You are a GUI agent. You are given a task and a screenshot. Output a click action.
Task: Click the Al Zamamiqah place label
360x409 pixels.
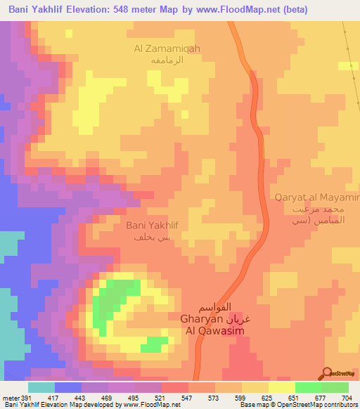coord(167,48)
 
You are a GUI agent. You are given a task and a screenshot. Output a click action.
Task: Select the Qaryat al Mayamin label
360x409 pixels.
coord(317,197)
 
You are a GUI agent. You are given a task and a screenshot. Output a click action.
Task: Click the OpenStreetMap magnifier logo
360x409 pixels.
coord(327,373)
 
